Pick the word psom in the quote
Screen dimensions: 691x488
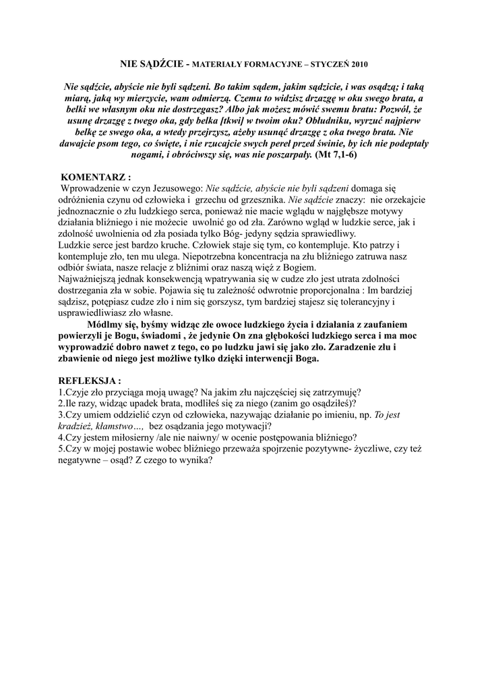[x=110, y=144]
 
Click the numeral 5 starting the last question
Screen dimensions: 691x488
[x=61, y=449]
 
